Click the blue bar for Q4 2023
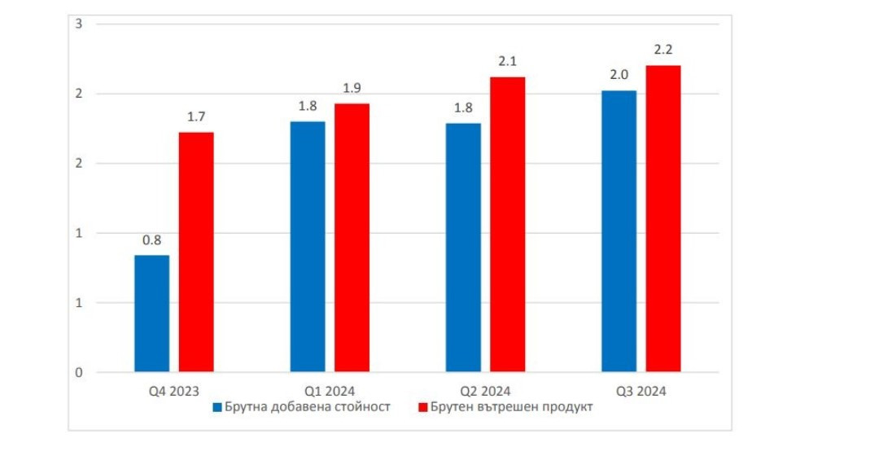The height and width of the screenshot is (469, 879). pos(152,313)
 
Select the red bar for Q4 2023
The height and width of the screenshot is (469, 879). pos(196,252)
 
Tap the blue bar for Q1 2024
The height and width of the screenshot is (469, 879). pos(308,247)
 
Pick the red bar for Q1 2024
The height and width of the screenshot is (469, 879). pos(352,238)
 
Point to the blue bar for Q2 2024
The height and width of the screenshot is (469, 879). pos(463,248)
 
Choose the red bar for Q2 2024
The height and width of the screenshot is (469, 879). pos(507,225)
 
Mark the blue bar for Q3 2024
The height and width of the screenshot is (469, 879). pos(619,231)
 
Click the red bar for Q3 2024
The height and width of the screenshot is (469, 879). pos(663,219)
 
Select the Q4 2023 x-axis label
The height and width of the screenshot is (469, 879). pos(173,392)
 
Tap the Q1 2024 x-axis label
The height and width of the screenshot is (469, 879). pos(330,392)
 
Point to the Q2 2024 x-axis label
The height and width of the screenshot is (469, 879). pos(485,392)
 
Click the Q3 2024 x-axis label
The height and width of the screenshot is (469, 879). pos(641,392)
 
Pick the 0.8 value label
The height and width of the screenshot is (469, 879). pos(151,241)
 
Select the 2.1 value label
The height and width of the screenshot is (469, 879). pos(507,62)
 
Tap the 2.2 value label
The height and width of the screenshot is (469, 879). pos(663,50)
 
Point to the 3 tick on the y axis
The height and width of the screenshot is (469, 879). pos(79,24)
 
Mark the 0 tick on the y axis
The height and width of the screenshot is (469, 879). pos(79,373)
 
